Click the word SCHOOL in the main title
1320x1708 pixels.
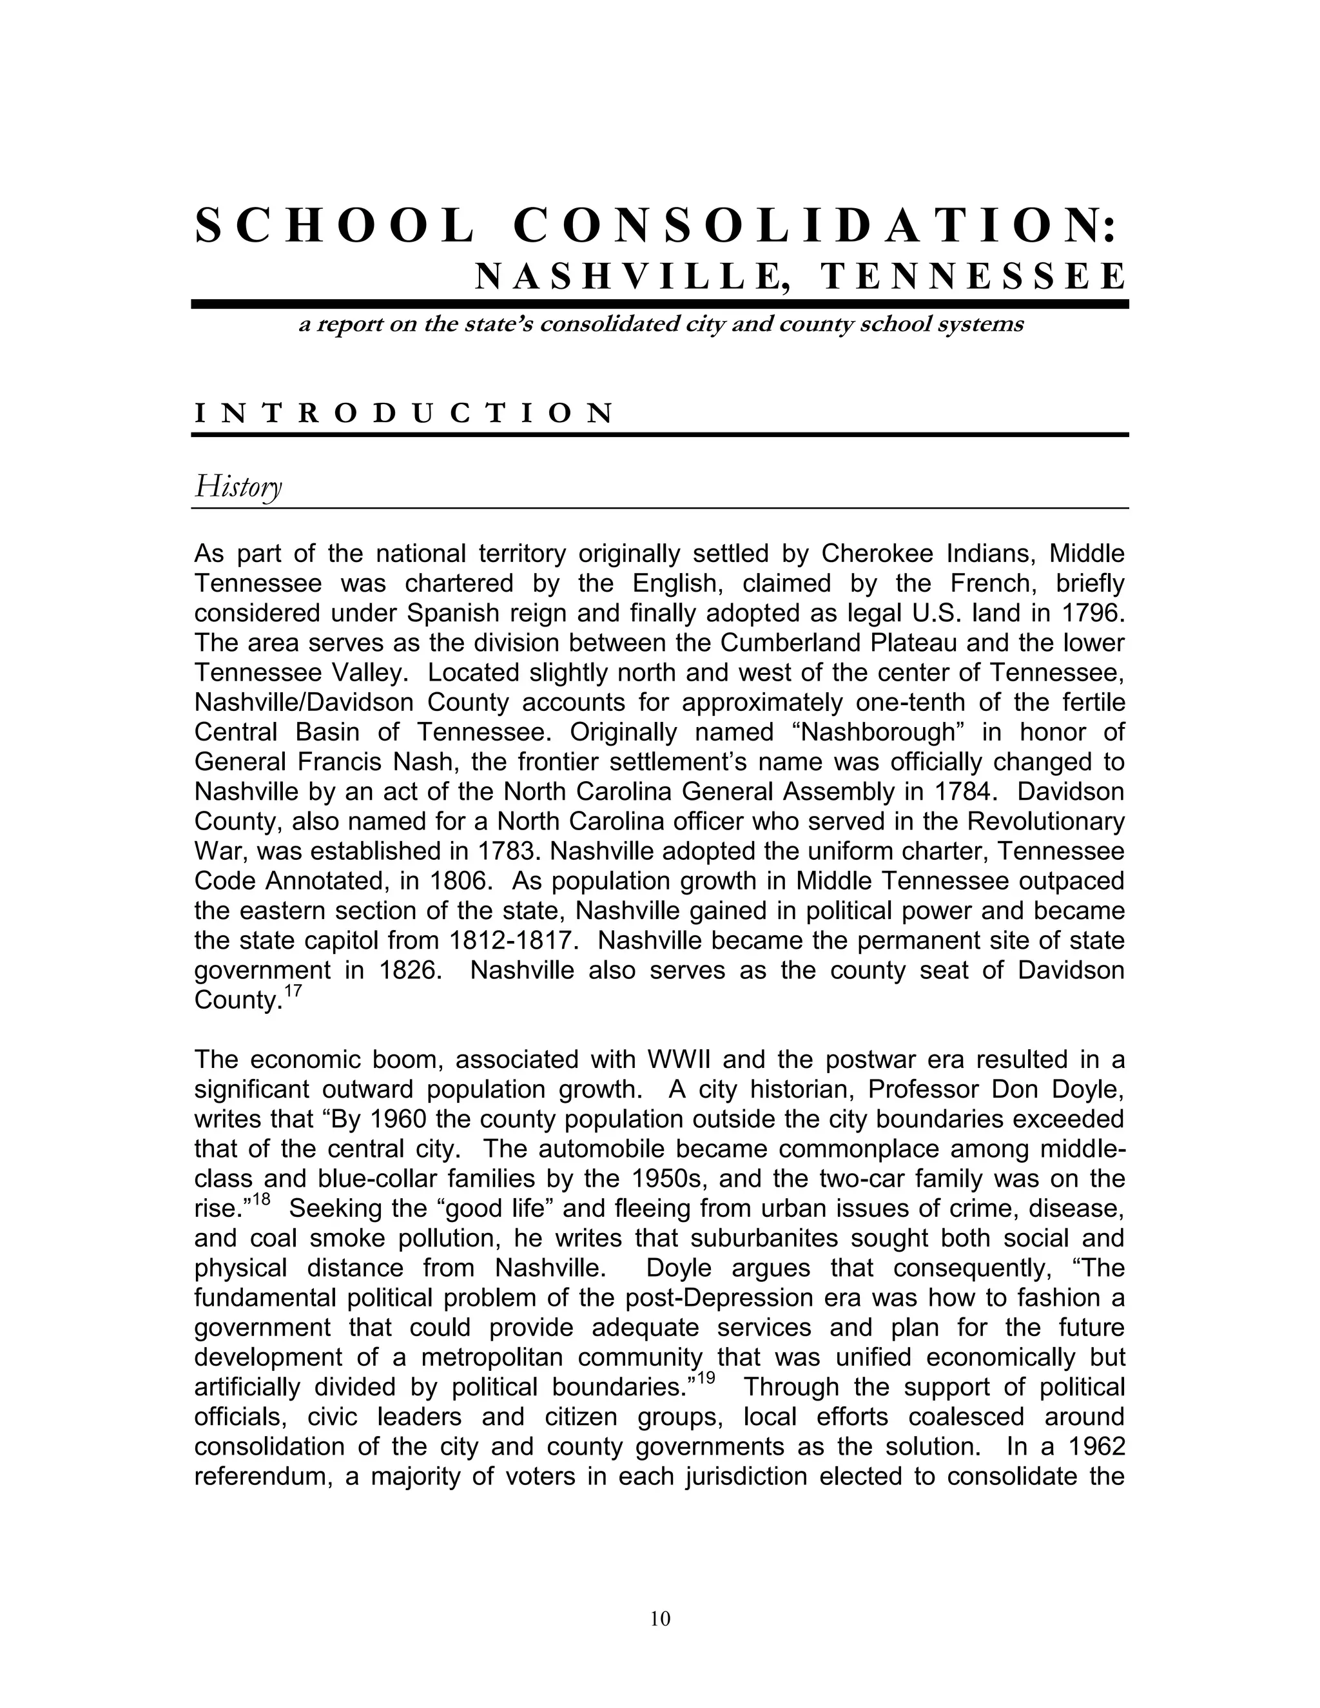click(x=335, y=226)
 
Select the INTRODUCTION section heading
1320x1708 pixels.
click(x=403, y=413)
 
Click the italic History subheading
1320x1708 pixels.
click(x=238, y=487)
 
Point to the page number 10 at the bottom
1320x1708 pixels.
click(x=660, y=1619)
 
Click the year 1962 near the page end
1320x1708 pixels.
click(x=1095, y=1447)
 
